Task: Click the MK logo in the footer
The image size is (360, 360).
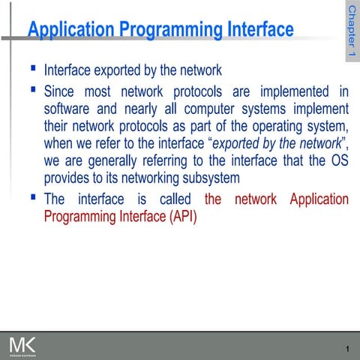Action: [22, 346]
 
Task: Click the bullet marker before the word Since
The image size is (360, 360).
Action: [33, 89]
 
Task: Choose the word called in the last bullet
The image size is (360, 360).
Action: [179, 199]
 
